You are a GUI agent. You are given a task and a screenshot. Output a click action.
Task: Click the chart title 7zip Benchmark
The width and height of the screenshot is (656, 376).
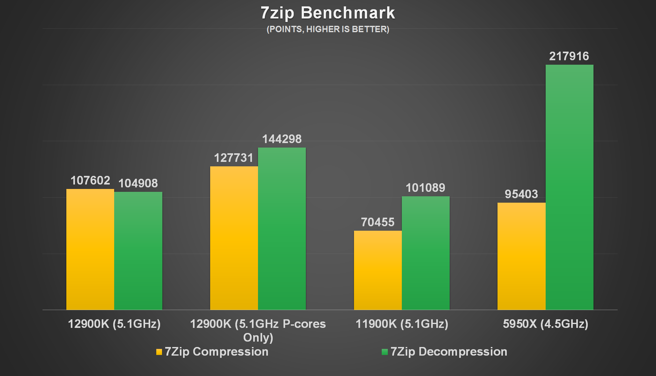click(x=328, y=13)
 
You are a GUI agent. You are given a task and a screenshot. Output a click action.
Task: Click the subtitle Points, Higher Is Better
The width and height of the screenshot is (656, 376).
click(x=328, y=29)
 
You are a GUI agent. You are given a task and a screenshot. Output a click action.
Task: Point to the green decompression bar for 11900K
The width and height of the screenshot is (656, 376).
click(x=425, y=253)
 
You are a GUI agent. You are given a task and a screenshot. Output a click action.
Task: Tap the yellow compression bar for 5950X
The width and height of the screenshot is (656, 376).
click(x=521, y=256)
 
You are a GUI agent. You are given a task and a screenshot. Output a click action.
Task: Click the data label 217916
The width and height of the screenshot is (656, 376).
click(x=569, y=56)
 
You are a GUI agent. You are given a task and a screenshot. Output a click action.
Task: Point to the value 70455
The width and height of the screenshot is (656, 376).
click(x=378, y=222)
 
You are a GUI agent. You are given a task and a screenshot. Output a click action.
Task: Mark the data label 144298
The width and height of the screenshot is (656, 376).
click(x=282, y=139)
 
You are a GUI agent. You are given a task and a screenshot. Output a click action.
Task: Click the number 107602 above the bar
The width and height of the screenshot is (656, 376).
click(x=90, y=181)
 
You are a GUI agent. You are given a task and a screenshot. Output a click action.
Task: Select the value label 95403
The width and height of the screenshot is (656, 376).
click(x=521, y=194)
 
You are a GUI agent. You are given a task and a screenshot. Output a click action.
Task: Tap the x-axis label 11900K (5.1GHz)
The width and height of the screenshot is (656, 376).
click(x=402, y=324)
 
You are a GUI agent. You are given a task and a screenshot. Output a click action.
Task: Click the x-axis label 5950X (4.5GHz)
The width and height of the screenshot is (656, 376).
click(x=545, y=324)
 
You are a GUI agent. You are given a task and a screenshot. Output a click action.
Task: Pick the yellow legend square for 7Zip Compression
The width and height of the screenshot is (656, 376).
click(x=159, y=352)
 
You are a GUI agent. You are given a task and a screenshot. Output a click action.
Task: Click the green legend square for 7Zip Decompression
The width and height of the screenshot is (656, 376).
click(x=385, y=352)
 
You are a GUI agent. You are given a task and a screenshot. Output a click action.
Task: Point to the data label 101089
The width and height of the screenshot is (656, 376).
click(x=425, y=188)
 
